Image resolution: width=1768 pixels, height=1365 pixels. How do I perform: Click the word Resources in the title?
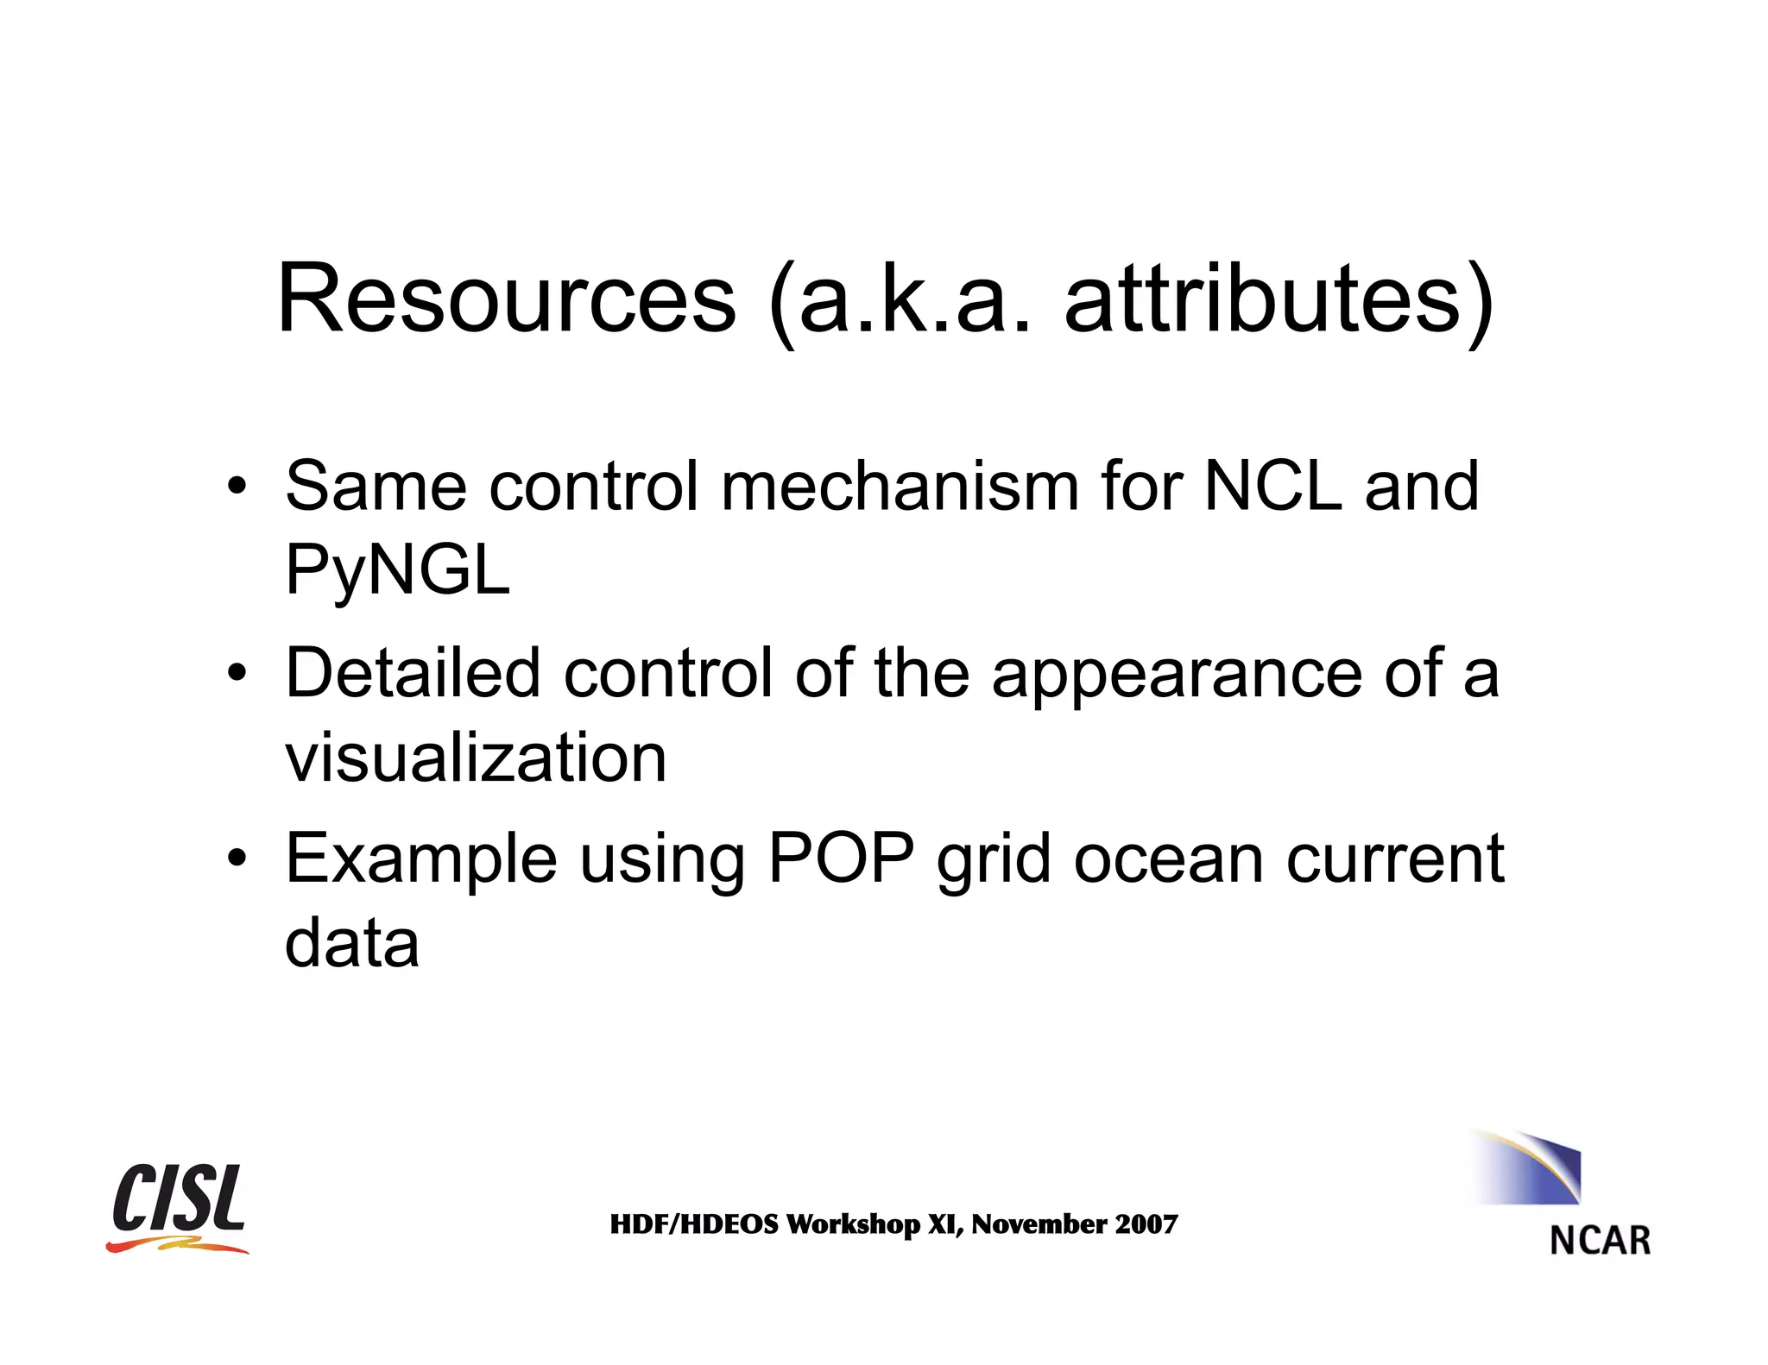[x=507, y=299]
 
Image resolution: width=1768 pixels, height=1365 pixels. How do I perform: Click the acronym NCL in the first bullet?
[x=1273, y=486]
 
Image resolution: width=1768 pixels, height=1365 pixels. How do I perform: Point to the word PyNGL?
[x=397, y=571]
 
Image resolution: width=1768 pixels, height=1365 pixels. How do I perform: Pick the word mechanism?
[x=900, y=486]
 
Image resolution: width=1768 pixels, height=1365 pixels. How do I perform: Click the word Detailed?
[x=413, y=673]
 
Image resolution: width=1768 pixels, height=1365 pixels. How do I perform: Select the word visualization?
[x=476, y=758]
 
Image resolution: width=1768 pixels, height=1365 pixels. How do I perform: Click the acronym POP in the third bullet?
[x=841, y=859]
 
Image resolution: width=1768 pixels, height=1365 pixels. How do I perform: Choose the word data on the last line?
[x=352, y=942]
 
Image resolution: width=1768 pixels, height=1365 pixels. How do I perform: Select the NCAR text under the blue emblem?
[x=1600, y=1241]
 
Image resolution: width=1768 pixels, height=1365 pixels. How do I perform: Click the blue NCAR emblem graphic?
[x=1528, y=1168]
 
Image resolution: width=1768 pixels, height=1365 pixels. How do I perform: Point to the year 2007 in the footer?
[x=1146, y=1224]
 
